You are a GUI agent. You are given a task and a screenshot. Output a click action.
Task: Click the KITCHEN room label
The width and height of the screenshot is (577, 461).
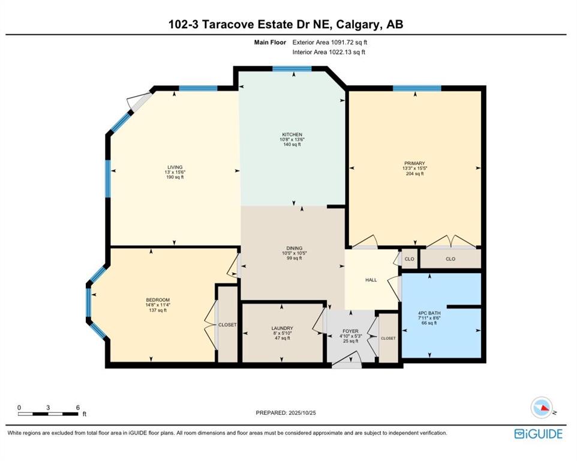point(293,134)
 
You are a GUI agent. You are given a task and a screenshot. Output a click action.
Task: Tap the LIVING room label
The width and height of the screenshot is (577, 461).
point(175,167)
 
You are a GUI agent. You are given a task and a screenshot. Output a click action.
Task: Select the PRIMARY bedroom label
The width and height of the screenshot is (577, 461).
point(414,163)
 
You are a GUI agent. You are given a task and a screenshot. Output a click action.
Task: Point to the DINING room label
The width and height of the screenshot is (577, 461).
point(294,248)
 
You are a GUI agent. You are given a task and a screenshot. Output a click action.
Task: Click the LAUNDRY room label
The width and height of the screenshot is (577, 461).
point(282,328)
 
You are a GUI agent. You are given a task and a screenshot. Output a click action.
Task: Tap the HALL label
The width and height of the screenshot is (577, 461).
point(371,280)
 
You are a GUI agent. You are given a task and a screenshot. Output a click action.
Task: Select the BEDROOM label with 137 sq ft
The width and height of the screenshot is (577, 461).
point(158,300)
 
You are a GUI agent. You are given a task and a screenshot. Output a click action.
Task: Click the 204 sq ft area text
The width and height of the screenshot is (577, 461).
point(414,174)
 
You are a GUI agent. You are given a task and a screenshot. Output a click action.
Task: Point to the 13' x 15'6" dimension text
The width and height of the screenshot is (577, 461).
point(175,173)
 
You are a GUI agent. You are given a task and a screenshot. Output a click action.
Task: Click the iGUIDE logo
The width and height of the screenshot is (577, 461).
point(538,433)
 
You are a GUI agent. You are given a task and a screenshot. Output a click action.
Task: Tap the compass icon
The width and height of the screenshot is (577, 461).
point(542,408)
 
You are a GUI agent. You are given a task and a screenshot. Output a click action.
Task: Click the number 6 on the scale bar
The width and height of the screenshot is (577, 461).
point(78,408)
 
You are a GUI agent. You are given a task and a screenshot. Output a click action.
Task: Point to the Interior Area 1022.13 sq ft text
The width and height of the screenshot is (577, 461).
point(329,52)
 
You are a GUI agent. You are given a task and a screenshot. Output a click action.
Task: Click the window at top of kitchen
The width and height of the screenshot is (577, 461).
point(291,69)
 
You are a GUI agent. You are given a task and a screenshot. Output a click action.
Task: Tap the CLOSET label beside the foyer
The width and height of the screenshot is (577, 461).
point(388,338)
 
